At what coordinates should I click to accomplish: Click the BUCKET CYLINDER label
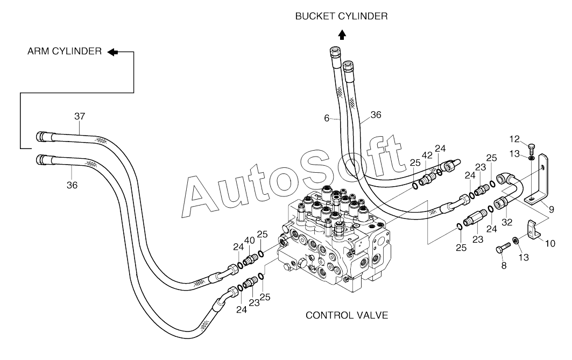click(341, 17)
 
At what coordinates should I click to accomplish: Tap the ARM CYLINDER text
click(65, 51)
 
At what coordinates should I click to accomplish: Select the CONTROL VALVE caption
click(347, 315)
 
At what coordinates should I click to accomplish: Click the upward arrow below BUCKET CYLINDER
click(342, 34)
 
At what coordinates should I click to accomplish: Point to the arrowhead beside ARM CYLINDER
click(112, 52)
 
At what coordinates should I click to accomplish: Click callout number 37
click(80, 116)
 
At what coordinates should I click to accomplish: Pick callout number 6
click(327, 118)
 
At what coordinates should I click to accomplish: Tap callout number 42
click(427, 156)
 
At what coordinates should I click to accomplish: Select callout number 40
click(250, 241)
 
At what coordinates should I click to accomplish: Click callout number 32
click(507, 222)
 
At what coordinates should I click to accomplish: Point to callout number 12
click(514, 139)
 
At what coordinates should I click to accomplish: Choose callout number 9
click(552, 209)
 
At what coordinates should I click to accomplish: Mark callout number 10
click(550, 243)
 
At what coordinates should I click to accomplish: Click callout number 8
click(504, 265)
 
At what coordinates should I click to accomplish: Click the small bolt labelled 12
click(531, 149)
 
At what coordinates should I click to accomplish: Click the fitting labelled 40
click(250, 260)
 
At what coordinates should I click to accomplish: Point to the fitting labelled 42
click(427, 178)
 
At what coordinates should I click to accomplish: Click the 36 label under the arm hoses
click(72, 185)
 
